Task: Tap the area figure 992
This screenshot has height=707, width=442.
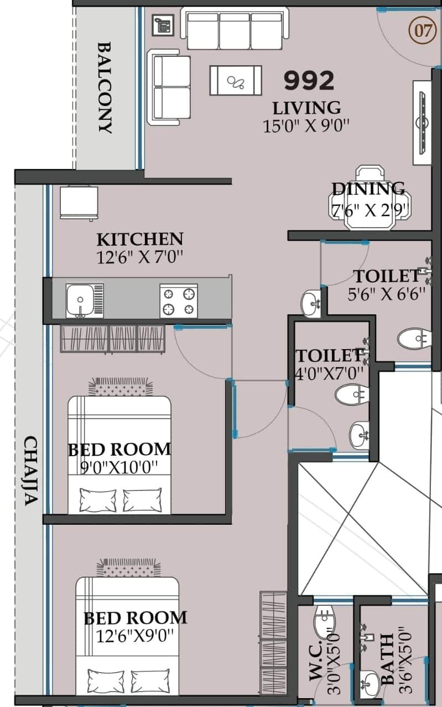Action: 309,81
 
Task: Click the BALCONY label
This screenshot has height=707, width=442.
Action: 105,87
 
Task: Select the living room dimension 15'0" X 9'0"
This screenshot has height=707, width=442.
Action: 306,126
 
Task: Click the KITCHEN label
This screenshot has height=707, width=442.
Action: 140,239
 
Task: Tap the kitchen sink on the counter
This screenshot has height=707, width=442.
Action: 85,300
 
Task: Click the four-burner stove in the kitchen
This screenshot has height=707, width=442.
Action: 179,300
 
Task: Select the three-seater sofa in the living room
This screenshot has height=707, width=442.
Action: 235,28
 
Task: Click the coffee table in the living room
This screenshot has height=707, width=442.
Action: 236,81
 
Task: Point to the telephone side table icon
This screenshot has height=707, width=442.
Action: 163,25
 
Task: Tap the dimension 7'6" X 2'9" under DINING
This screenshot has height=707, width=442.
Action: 370,210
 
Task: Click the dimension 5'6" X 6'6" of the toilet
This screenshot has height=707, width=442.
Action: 386,294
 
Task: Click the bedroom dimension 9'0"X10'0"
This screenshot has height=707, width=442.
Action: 119,467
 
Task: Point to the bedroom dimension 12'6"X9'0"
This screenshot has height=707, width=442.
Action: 135,636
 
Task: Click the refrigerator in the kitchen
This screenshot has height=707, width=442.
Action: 79,203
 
